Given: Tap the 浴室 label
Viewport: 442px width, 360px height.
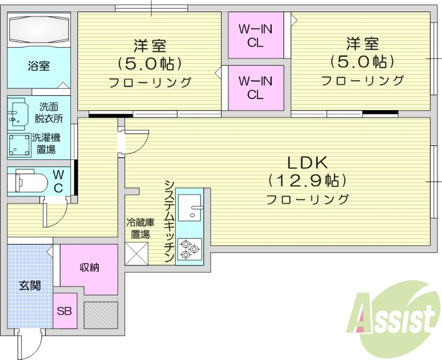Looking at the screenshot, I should (x=39, y=66).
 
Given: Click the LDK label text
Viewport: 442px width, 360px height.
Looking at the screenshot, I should (x=307, y=163).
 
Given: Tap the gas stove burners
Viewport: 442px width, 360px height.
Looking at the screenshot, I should (x=190, y=248).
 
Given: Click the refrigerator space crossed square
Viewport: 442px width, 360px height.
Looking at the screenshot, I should (x=137, y=253).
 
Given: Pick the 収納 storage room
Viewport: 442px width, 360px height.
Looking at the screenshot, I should (x=89, y=269).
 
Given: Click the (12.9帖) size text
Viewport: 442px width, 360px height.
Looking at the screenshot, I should (x=307, y=180).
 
